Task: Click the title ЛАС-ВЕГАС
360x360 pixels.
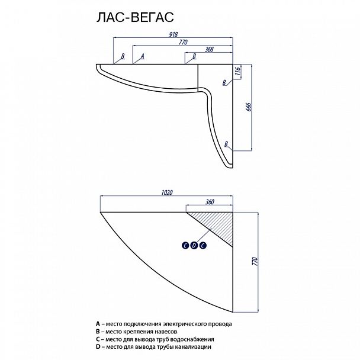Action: click(135, 17)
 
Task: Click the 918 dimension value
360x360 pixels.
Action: click(173, 34)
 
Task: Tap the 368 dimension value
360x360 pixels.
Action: click(209, 49)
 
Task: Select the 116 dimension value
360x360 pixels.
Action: click(237, 71)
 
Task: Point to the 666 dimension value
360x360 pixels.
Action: click(249, 107)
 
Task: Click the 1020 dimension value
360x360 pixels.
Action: click(167, 192)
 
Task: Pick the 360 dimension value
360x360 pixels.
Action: click(210, 202)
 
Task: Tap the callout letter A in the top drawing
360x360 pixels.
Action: click(142, 56)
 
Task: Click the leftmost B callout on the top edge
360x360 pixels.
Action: click(123, 56)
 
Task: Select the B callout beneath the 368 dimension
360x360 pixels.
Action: click(194, 56)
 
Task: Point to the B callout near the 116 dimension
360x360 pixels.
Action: click(224, 82)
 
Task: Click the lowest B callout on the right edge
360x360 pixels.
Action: click(226, 144)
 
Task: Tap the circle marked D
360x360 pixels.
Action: click(194, 246)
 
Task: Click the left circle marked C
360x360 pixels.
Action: click(185, 246)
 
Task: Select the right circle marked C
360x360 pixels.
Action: click(202, 246)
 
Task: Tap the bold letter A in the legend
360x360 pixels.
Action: click(98, 324)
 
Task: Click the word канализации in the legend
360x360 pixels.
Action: click(193, 347)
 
